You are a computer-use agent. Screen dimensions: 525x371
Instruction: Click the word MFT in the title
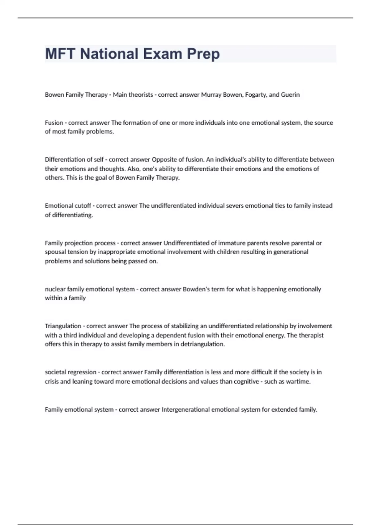click(x=60, y=54)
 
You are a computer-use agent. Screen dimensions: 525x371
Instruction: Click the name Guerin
click(x=290, y=94)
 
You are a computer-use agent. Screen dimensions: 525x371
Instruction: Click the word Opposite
click(x=163, y=159)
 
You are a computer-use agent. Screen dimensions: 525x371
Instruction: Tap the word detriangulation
click(x=203, y=344)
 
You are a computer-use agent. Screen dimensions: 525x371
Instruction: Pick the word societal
click(x=55, y=372)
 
